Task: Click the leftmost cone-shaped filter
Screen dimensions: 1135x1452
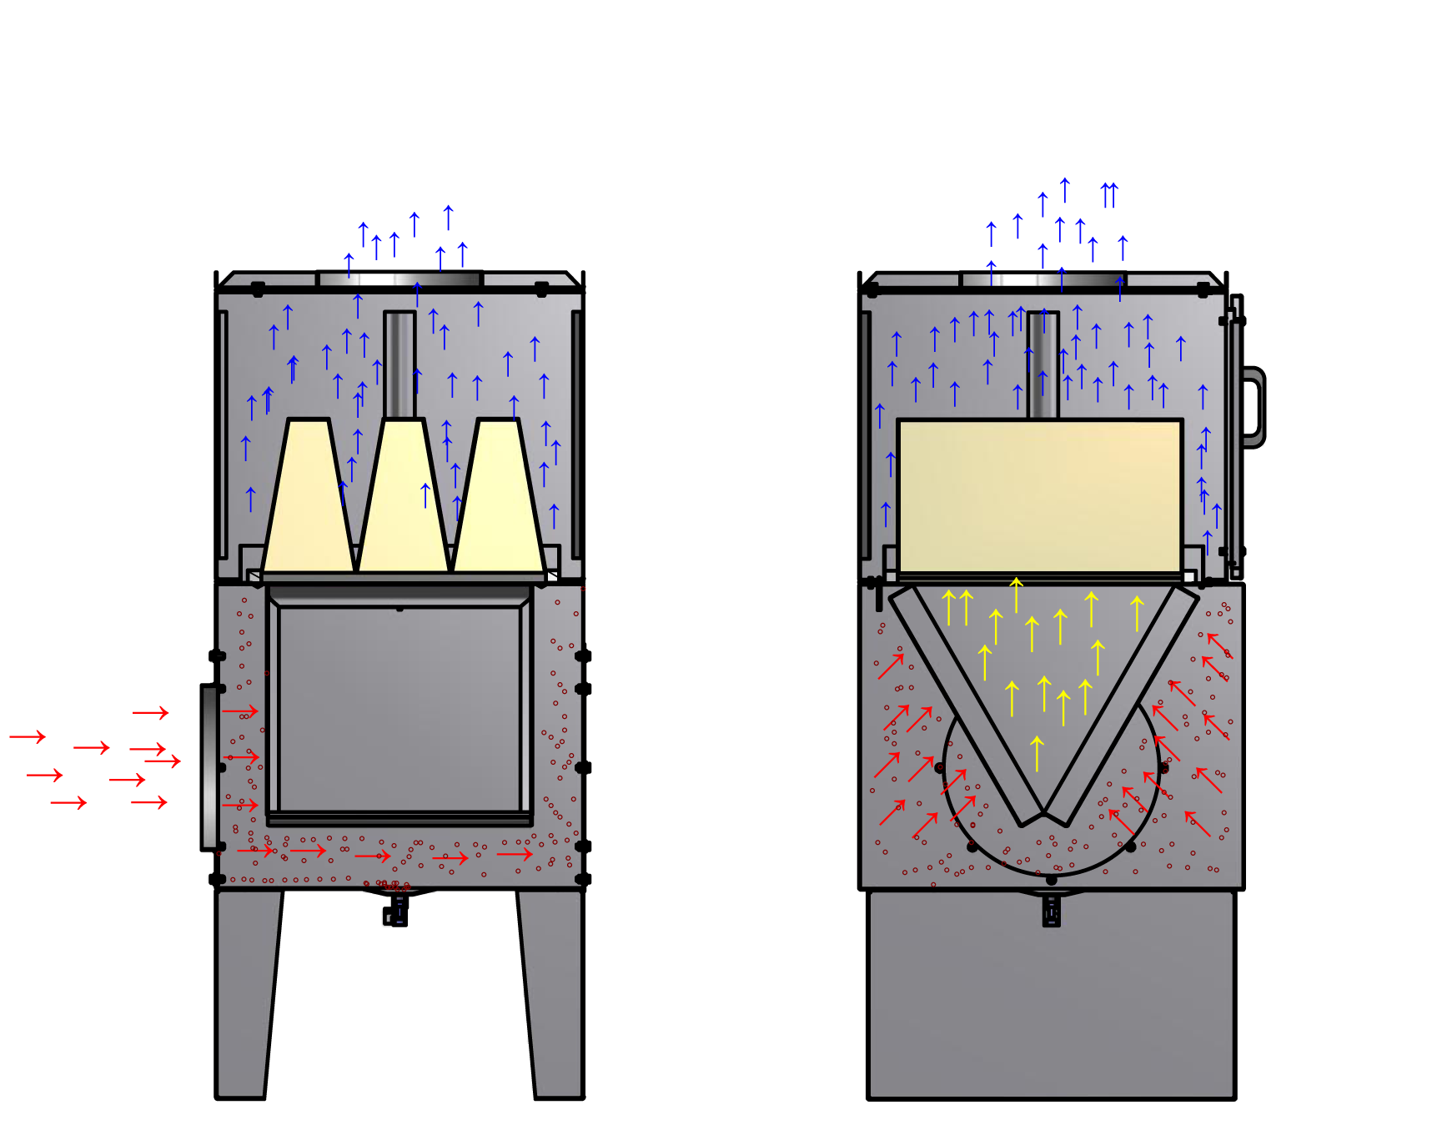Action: (x=308, y=500)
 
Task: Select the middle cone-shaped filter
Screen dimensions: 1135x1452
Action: (x=403, y=500)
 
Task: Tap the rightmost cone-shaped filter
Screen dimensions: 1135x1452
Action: (x=499, y=500)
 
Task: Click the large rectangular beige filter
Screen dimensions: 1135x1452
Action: (x=1039, y=495)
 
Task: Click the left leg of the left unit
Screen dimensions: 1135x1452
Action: (x=245, y=992)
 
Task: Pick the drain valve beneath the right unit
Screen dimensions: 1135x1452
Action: (x=1052, y=912)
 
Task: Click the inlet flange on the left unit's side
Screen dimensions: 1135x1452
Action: (x=209, y=767)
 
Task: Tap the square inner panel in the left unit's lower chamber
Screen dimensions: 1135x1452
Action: (x=399, y=709)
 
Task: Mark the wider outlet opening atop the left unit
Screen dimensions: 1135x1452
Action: (x=436, y=279)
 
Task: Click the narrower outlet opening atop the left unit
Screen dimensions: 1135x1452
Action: (x=340, y=279)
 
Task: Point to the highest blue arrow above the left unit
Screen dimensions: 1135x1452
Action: (x=448, y=218)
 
